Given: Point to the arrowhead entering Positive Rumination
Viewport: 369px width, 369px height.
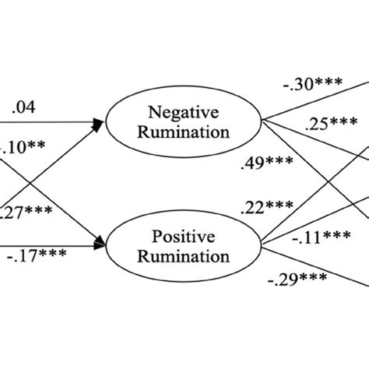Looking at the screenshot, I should (100, 245).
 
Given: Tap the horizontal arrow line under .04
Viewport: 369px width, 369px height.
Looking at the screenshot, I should (47, 121).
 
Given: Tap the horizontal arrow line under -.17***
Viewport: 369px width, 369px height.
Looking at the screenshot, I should (47, 245).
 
